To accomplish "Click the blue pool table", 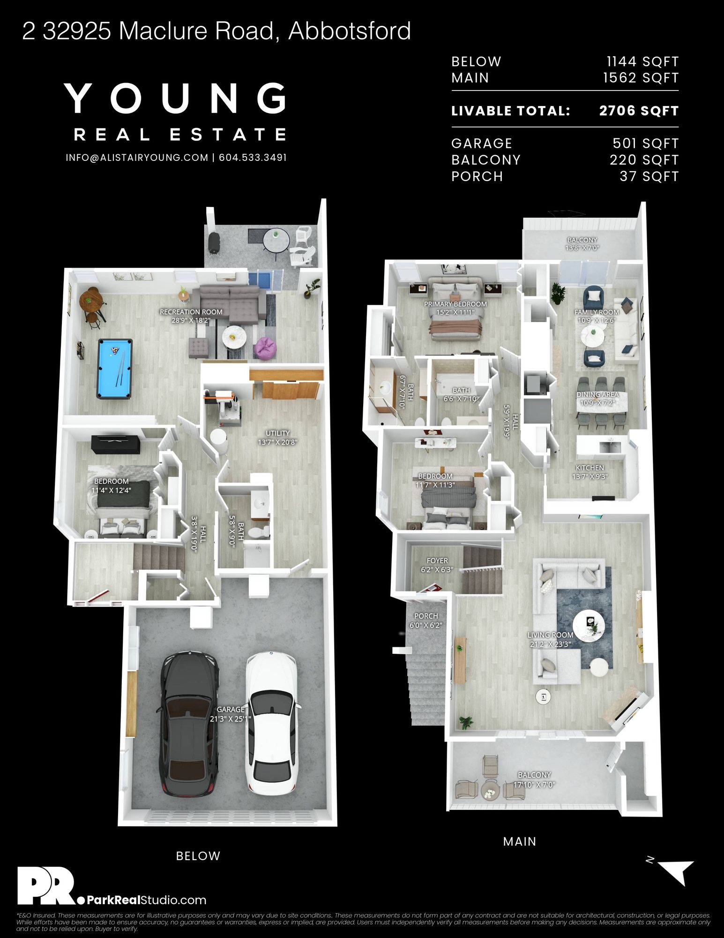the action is pyautogui.click(x=115, y=369).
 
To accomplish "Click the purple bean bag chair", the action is pyautogui.click(x=265, y=348).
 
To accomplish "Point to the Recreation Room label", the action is pyautogui.click(x=191, y=316).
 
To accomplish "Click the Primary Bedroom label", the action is pyautogui.click(x=455, y=308).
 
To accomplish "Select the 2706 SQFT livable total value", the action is pyautogui.click(x=639, y=111).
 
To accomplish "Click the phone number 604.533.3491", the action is pyautogui.click(x=253, y=158).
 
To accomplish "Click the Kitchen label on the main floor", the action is pyautogui.click(x=590, y=472).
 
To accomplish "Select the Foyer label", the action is pyautogui.click(x=437, y=565).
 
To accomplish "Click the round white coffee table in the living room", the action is pyautogui.click(x=589, y=625).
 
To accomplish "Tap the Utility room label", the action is pyautogui.click(x=278, y=438).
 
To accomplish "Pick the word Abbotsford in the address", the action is pyautogui.click(x=350, y=31).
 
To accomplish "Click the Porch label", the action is pyautogui.click(x=426, y=620).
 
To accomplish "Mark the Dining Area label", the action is pyautogui.click(x=597, y=399).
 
